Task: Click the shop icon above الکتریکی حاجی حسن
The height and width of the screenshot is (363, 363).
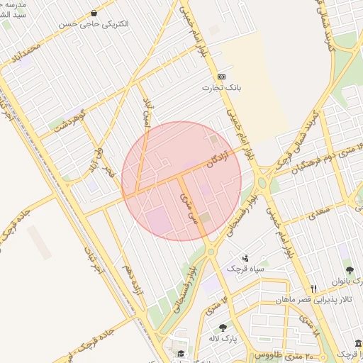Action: click(94, 13)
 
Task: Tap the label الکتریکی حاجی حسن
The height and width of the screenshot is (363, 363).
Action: click(94, 24)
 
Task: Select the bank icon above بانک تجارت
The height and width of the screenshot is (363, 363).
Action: click(222, 77)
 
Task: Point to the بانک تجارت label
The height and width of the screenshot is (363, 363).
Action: click(222, 88)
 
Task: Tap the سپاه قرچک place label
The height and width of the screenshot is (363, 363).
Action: click(245, 269)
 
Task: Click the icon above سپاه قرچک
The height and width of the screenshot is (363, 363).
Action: click(245, 258)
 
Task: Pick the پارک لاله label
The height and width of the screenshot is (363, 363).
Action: click(224, 338)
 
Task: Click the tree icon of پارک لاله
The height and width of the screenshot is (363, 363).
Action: click(224, 328)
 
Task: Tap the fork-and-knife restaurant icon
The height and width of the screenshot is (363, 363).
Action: click(313, 289)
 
